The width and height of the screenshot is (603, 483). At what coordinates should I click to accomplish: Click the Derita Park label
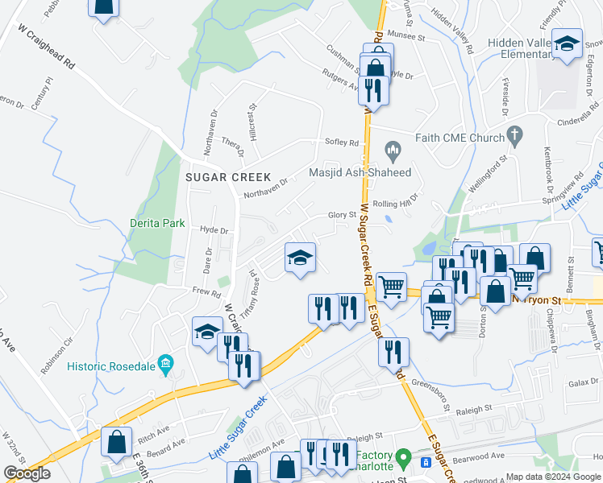(157, 223)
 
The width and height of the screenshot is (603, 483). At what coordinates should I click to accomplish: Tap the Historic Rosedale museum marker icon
(166, 363)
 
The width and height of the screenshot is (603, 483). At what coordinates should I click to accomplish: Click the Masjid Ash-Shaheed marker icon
(393, 149)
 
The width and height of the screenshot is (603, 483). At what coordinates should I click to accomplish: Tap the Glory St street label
(342, 215)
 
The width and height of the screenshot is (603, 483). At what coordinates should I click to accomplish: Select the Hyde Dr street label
(214, 230)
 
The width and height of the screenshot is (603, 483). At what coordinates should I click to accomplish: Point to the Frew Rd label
(206, 294)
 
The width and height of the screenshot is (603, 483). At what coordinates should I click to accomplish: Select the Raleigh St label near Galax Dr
(473, 409)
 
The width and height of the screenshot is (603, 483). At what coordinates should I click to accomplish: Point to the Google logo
(27, 473)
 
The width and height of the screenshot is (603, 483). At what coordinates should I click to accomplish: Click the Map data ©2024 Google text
(553, 477)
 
